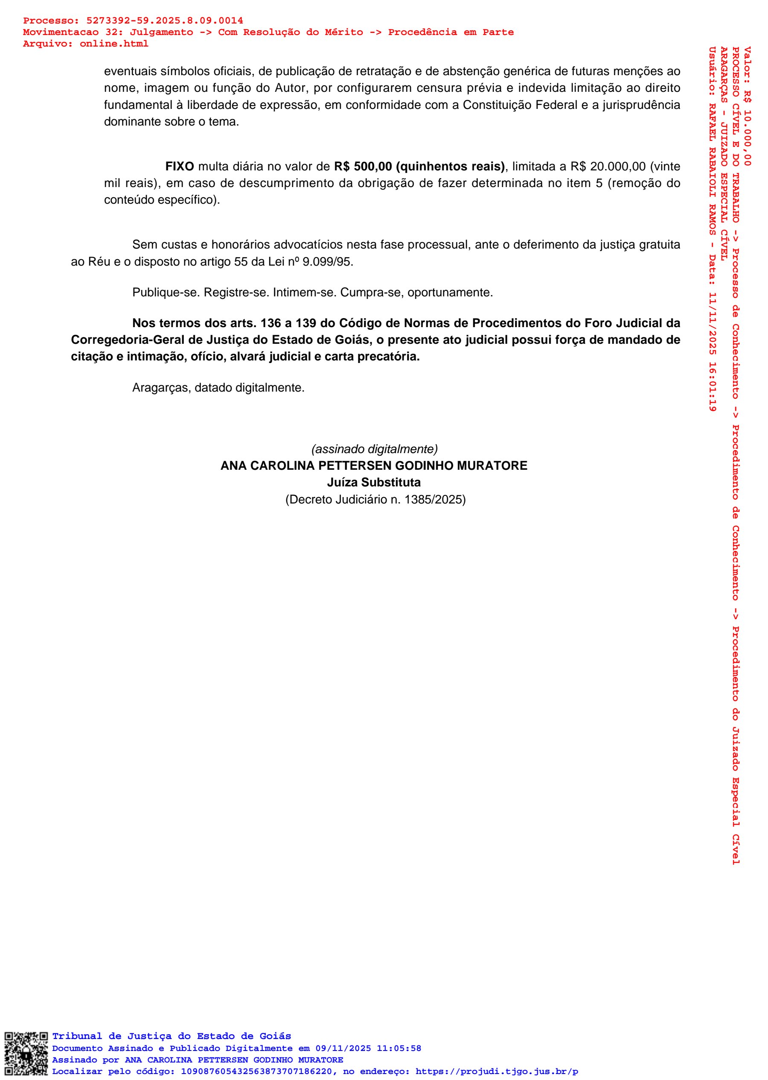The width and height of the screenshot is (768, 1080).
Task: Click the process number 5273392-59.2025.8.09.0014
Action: [165, 21]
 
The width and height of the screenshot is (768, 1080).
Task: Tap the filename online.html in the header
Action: [113, 44]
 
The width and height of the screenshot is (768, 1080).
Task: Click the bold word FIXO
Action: [179, 167]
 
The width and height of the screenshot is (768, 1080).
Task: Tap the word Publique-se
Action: [166, 293]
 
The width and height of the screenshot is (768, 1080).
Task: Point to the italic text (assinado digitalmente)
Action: [374, 449]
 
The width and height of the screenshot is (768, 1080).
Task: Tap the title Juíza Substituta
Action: [374, 483]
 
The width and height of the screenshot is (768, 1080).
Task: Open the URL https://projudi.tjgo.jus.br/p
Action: [497, 1071]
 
